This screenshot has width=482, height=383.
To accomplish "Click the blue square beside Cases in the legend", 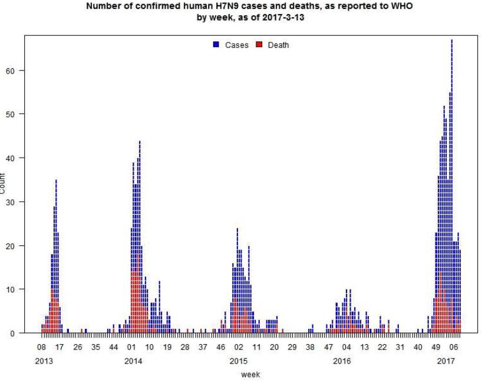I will (216, 45).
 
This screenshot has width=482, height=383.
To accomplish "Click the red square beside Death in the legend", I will (259, 45).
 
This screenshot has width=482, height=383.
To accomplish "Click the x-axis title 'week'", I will (250, 374).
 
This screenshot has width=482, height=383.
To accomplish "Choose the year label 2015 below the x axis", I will (238, 360).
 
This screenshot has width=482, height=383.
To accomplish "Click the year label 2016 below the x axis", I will (342, 360).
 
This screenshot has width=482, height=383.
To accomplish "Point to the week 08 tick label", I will (42, 347).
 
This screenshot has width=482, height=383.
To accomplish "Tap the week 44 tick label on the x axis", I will (114, 347).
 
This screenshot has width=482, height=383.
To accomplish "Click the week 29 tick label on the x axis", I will (292, 347).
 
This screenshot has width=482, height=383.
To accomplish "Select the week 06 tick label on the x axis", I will (454, 347).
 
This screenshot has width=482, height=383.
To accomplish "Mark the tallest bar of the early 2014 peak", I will (140, 235).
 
